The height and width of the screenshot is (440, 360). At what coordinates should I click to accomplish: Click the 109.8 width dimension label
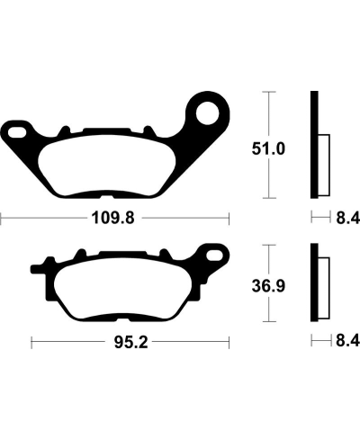[x=118, y=216]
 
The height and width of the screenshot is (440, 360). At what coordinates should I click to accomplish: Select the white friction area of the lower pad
[x=123, y=288]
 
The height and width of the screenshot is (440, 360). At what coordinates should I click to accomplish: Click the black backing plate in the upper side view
[x=314, y=144]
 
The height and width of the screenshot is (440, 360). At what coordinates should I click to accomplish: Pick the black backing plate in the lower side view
[x=314, y=283]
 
